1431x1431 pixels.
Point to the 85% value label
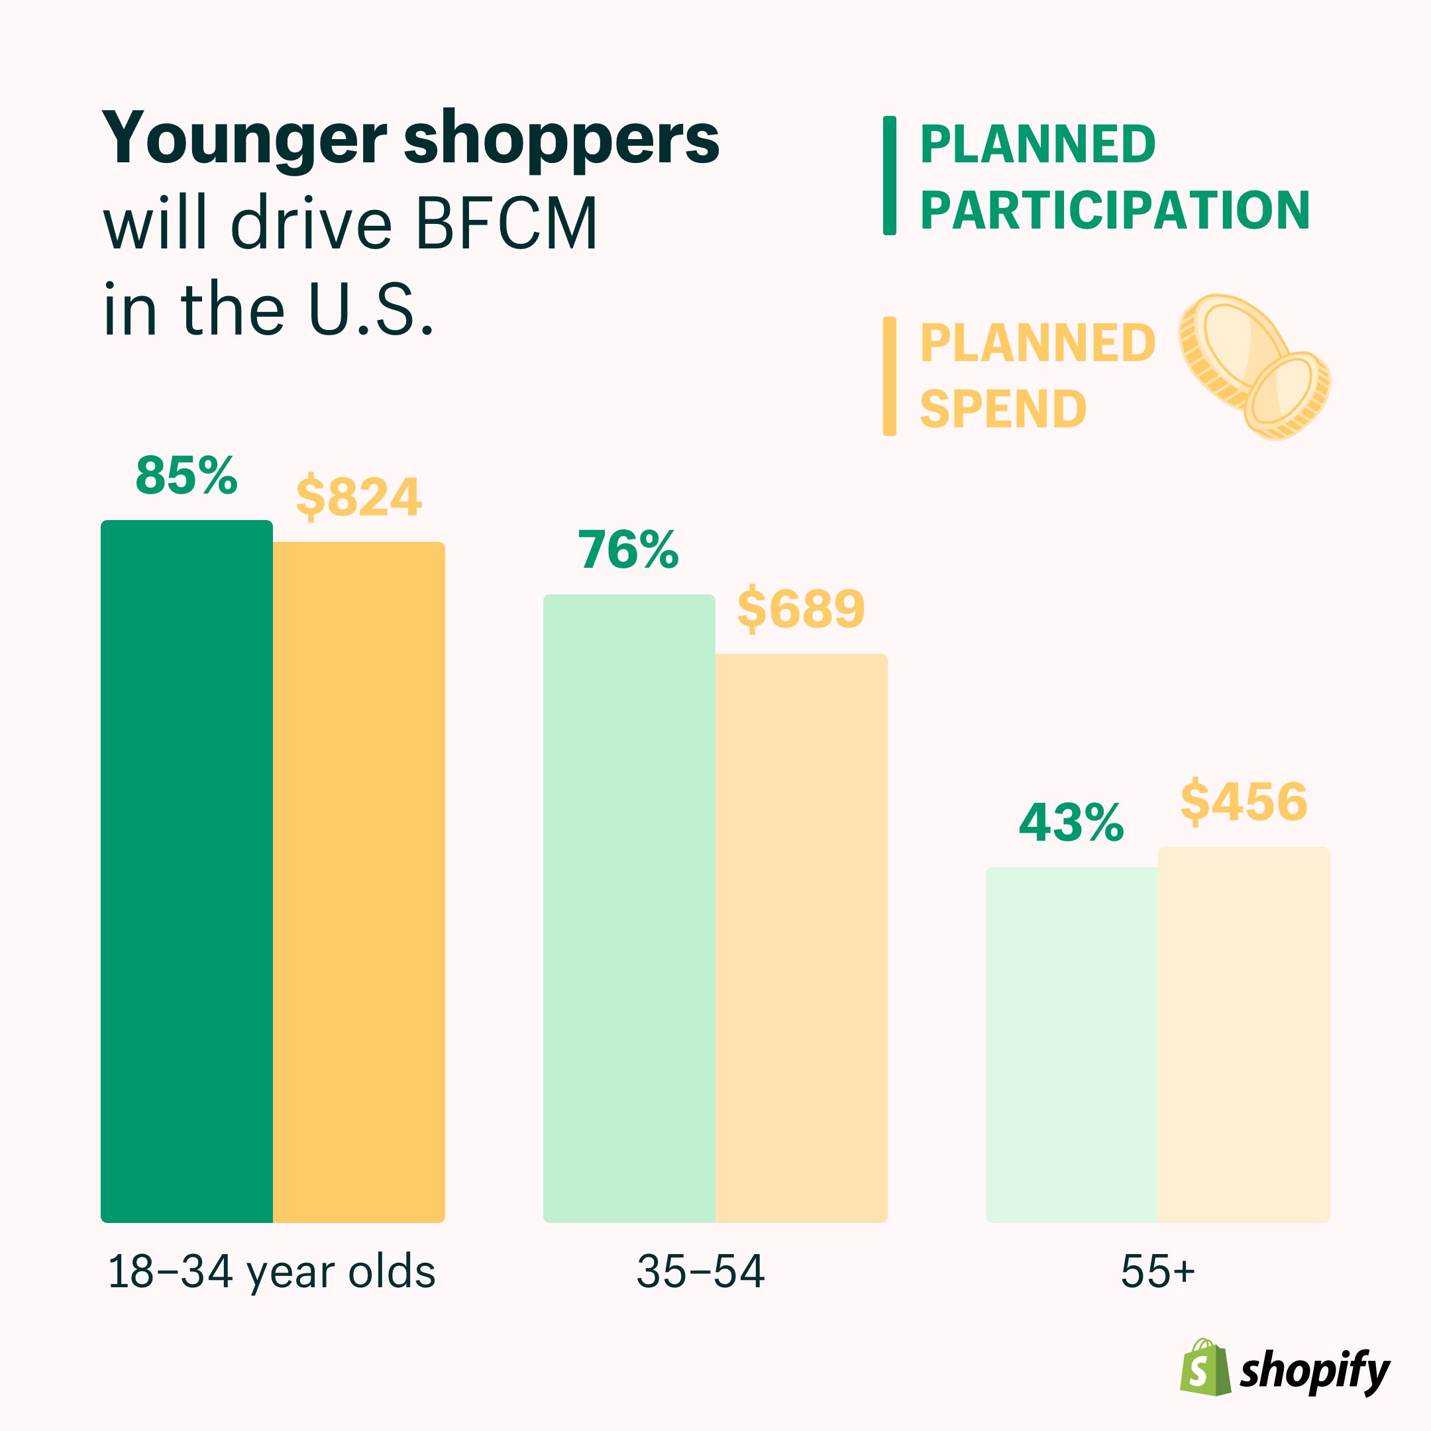(x=186, y=476)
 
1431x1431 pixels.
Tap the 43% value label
(x=1071, y=823)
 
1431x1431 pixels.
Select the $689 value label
(x=801, y=609)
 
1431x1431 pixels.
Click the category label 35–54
(x=700, y=1272)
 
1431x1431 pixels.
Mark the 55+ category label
(x=1157, y=1272)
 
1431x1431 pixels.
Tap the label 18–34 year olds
(x=271, y=1272)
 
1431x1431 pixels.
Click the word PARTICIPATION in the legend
(x=1115, y=211)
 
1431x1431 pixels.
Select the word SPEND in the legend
(x=1003, y=409)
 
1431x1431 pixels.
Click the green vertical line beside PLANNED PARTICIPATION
(x=890, y=176)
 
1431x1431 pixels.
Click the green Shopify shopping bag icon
(x=1204, y=1367)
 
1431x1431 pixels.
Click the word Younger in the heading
(x=244, y=139)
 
